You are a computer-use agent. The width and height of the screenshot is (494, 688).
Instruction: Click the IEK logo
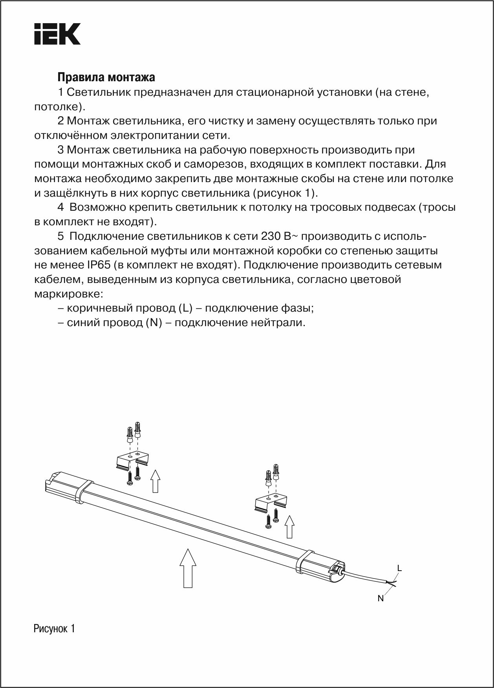point(57,34)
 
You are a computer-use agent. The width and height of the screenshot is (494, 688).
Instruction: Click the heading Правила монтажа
point(106,77)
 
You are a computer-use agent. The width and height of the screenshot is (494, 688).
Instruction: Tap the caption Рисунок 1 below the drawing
point(54,628)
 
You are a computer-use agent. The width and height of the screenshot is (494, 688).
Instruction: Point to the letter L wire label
point(399,568)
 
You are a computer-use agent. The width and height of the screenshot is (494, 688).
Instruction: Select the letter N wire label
point(380,599)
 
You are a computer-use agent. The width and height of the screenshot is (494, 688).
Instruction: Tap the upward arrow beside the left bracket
point(156,480)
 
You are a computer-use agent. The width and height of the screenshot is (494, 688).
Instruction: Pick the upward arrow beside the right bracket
point(289,527)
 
